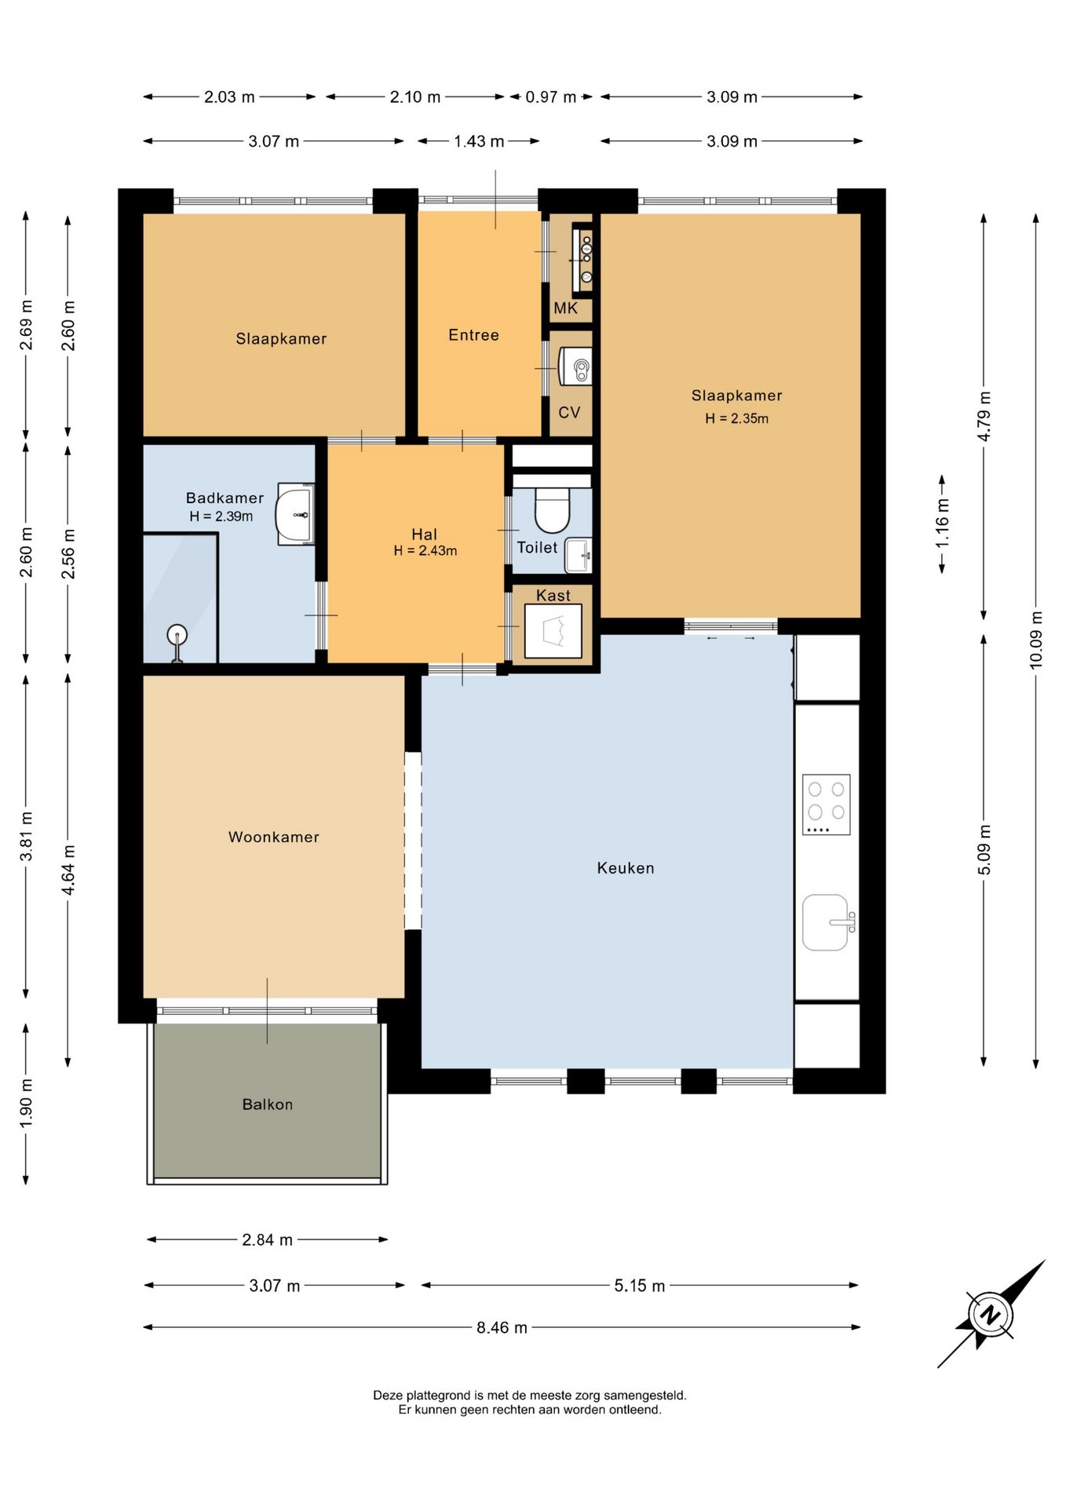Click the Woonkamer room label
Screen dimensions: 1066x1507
(273, 837)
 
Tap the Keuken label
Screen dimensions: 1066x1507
(625, 867)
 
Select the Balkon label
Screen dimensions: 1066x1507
(267, 1104)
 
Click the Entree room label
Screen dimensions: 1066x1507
(473, 335)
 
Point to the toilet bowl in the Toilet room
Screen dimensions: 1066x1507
(552, 510)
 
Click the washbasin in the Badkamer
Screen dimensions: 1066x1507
(295, 514)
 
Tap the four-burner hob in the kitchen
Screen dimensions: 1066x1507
(826, 805)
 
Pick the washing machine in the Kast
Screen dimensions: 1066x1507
(553, 631)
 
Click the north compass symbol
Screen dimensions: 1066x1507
(991, 1315)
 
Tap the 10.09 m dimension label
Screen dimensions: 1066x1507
(1035, 640)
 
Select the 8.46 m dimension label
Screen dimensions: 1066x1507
(502, 1327)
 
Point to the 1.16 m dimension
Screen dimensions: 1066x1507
(942, 524)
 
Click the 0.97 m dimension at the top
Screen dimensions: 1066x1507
(550, 97)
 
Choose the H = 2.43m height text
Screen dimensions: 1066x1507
(425, 551)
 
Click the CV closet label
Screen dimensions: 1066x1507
(569, 412)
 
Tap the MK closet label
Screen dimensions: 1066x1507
(565, 308)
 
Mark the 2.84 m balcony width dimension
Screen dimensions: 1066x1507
(267, 1239)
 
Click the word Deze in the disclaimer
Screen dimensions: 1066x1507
(387, 1395)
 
